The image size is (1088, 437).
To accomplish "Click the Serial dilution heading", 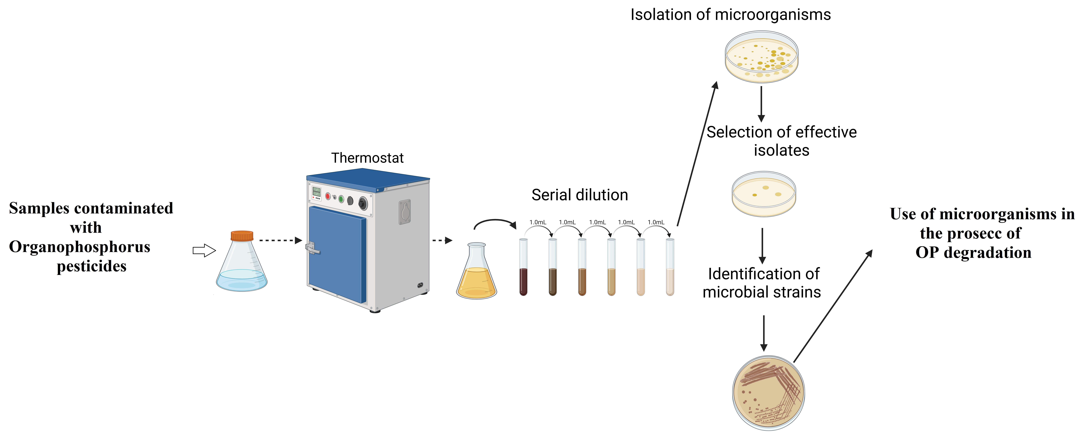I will coord(579,195).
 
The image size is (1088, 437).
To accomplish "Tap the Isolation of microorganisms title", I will coord(730,15).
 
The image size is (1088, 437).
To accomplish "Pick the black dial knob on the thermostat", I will coord(363,204).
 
